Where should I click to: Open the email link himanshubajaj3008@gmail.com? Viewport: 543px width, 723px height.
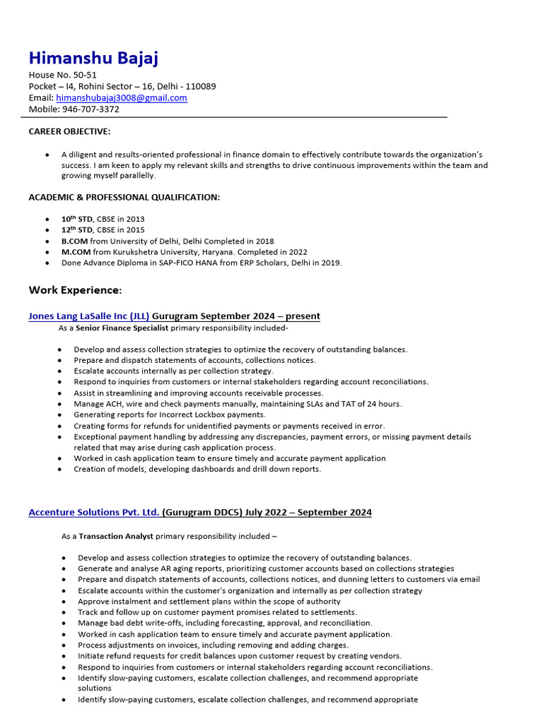[122, 98]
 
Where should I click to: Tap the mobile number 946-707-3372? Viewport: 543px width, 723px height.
[90, 109]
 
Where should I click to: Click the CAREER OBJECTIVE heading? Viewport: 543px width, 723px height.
[69, 131]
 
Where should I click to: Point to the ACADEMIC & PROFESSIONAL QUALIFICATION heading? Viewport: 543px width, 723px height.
[124, 197]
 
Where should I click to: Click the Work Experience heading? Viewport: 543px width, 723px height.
[75, 290]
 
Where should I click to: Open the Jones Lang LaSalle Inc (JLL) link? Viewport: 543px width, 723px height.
[89, 316]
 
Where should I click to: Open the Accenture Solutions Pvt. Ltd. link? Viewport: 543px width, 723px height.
[94, 512]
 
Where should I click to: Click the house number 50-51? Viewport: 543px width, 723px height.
[83, 75]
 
